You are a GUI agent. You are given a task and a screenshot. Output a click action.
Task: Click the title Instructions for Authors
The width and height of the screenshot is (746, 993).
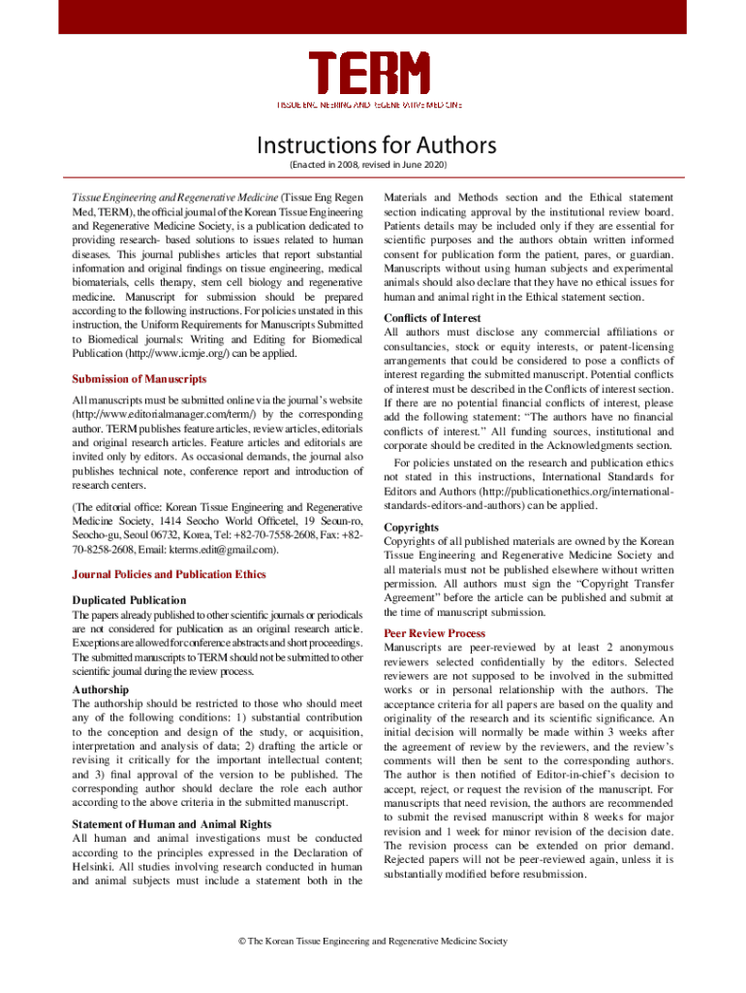click(x=376, y=146)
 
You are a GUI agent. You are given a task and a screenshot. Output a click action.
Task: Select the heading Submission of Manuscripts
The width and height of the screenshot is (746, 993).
click(x=140, y=377)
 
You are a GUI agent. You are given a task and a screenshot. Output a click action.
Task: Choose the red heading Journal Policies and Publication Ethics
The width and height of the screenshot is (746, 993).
click(x=169, y=574)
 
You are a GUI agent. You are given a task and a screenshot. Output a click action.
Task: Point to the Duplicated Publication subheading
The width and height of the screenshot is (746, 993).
click(x=130, y=600)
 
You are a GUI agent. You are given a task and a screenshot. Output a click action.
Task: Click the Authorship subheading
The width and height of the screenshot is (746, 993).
click(x=101, y=689)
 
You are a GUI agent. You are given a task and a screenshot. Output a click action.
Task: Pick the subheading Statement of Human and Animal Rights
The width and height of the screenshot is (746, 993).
click(x=172, y=823)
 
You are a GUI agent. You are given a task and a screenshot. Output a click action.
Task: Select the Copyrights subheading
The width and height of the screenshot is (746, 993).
click(x=412, y=528)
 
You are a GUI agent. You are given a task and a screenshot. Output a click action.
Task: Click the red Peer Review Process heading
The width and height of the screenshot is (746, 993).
click(x=435, y=633)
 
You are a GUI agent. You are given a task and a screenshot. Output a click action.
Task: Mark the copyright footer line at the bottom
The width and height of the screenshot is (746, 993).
click(x=373, y=941)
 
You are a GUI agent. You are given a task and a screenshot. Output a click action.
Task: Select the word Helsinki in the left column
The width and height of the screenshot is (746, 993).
click(x=96, y=865)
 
